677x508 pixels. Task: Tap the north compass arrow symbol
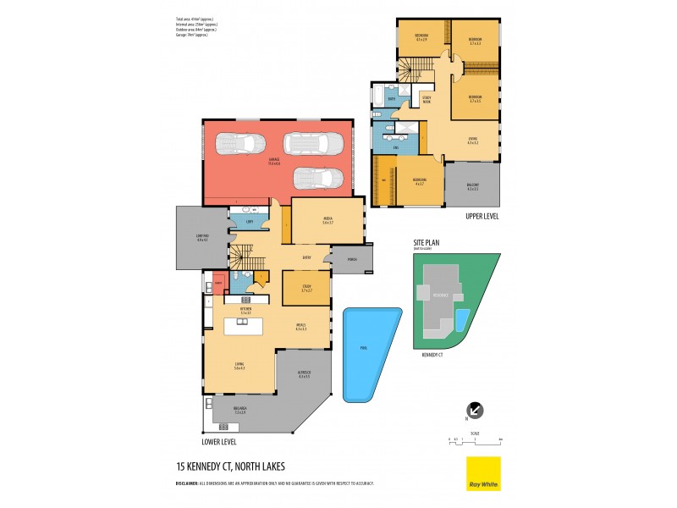point(476,410)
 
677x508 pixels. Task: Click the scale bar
point(476,439)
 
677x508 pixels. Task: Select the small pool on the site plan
point(461,319)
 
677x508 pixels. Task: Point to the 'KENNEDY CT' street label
point(433,356)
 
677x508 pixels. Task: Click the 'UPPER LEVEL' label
point(482,217)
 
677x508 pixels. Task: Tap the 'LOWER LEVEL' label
point(219,441)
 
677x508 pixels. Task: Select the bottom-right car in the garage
point(319,179)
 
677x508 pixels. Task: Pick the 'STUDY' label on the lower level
point(306,287)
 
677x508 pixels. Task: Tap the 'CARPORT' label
point(201,238)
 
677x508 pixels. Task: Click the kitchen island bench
point(245,326)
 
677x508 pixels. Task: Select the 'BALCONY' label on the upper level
point(472,186)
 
